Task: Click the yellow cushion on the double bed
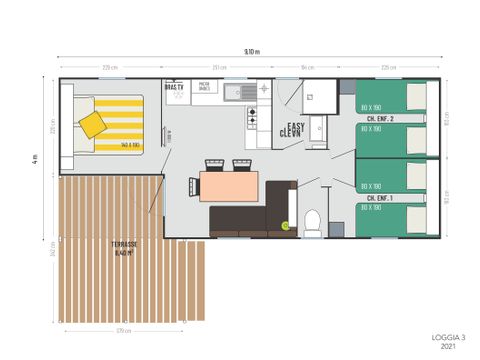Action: [x=93, y=124]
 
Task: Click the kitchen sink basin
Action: [x=233, y=93]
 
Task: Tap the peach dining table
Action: [x=229, y=186]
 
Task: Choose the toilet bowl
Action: [x=311, y=220]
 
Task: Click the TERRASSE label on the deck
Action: [x=124, y=244]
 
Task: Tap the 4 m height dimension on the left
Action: [x=35, y=157]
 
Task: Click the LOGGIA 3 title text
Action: [x=446, y=338]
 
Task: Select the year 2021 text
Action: [x=446, y=348]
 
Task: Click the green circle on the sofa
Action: [x=288, y=224]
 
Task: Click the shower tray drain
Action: [x=309, y=98]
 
